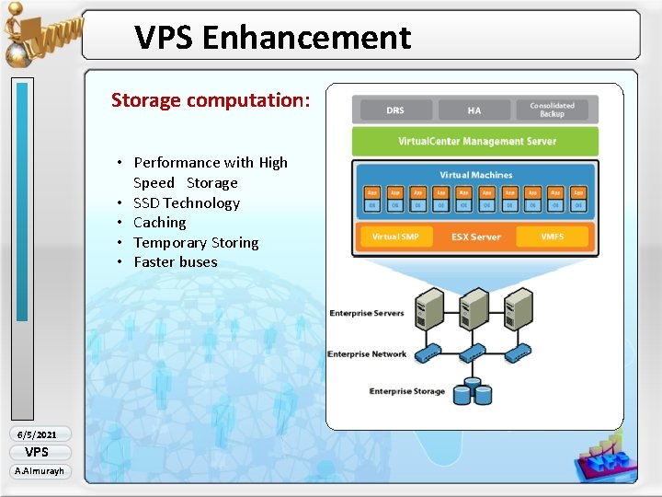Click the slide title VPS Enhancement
(x=272, y=38)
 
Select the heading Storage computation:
(x=211, y=100)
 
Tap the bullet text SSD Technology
(x=186, y=202)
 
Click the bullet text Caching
(x=159, y=223)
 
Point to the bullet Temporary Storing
(x=196, y=242)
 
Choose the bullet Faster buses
(x=175, y=262)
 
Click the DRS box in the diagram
(x=395, y=110)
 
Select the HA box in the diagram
(x=474, y=110)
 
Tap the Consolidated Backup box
(x=552, y=110)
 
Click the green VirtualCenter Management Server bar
(x=475, y=142)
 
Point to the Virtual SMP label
(x=395, y=237)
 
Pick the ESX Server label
(x=475, y=237)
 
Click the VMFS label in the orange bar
(x=552, y=237)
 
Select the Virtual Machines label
(x=475, y=175)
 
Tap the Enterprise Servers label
(x=367, y=314)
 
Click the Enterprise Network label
(x=367, y=354)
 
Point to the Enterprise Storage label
(x=406, y=391)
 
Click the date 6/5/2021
(x=38, y=434)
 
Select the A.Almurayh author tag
(x=38, y=471)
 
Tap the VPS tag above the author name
(x=37, y=452)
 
